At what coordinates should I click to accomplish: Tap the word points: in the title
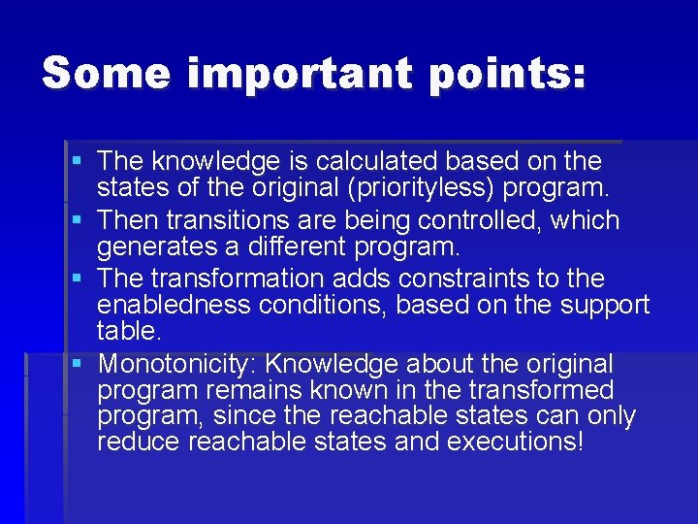515,73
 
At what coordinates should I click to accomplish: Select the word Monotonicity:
178,365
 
